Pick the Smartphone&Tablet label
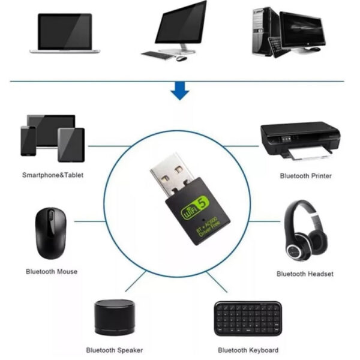[x=53, y=175]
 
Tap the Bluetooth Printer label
[x=306, y=176]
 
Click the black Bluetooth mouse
[x=50, y=232]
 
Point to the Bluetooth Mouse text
[x=52, y=272]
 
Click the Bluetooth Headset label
[x=305, y=274]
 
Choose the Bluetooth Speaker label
[x=115, y=350]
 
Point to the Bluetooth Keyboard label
[x=248, y=350]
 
